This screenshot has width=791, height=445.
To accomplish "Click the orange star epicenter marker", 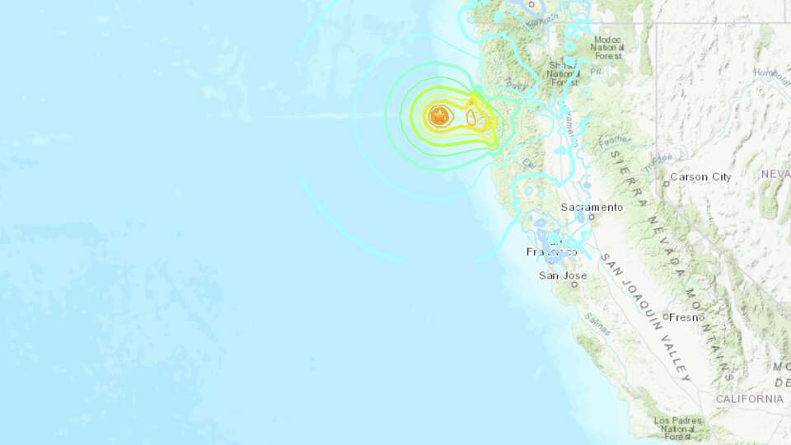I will [x=438, y=116].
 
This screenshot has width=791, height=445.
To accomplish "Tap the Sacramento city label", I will [x=591, y=207].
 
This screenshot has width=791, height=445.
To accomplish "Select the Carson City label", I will [x=700, y=176].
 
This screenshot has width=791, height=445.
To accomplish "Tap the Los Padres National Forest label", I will [x=672, y=425].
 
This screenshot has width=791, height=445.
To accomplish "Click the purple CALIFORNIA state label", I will [x=749, y=399].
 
